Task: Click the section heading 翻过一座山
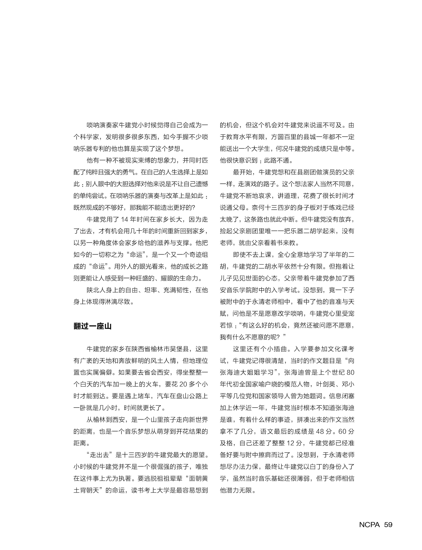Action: tap(92, 326)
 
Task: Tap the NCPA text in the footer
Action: tap(369, 525)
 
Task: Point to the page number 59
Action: tap(388, 525)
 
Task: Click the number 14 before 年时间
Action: tap(125, 219)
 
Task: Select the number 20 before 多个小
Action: tap(184, 384)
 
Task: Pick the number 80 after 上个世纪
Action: tap(350, 373)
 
